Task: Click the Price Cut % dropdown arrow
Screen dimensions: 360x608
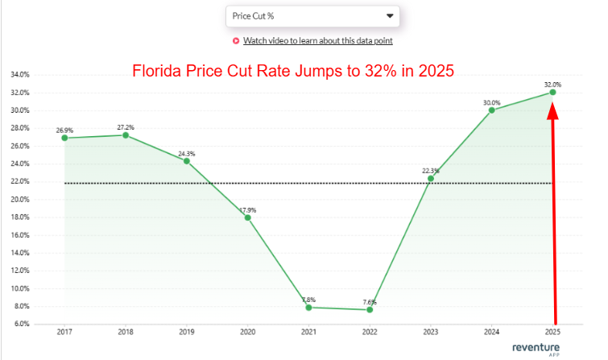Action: [x=390, y=16]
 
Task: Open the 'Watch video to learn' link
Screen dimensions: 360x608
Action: [x=317, y=41]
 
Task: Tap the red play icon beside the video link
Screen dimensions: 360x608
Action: [x=236, y=41]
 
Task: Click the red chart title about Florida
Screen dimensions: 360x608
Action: [x=294, y=70]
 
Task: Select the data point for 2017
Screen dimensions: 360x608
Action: [x=64, y=138]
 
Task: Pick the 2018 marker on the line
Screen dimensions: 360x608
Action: [x=126, y=135]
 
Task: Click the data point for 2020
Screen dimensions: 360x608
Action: [x=248, y=217]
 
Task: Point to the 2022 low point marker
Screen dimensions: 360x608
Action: [x=370, y=309]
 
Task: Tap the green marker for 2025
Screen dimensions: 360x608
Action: [x=552, y=93]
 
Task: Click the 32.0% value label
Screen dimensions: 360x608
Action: [x=552, y=84]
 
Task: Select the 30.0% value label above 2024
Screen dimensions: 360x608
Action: [x=491, y=102]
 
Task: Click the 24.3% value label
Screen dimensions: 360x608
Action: [x=187, y=153]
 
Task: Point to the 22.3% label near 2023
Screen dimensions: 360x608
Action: [x=430, y=171]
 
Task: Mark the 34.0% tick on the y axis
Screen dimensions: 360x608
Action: [x=20, y=75]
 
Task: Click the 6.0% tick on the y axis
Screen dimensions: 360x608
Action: [x=22, y=324]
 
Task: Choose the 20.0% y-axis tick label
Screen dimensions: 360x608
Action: [x=20, y=200]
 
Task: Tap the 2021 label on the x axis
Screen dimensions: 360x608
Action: [x=308, y=331]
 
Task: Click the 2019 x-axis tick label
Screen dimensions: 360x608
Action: [x=187, y=331]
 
